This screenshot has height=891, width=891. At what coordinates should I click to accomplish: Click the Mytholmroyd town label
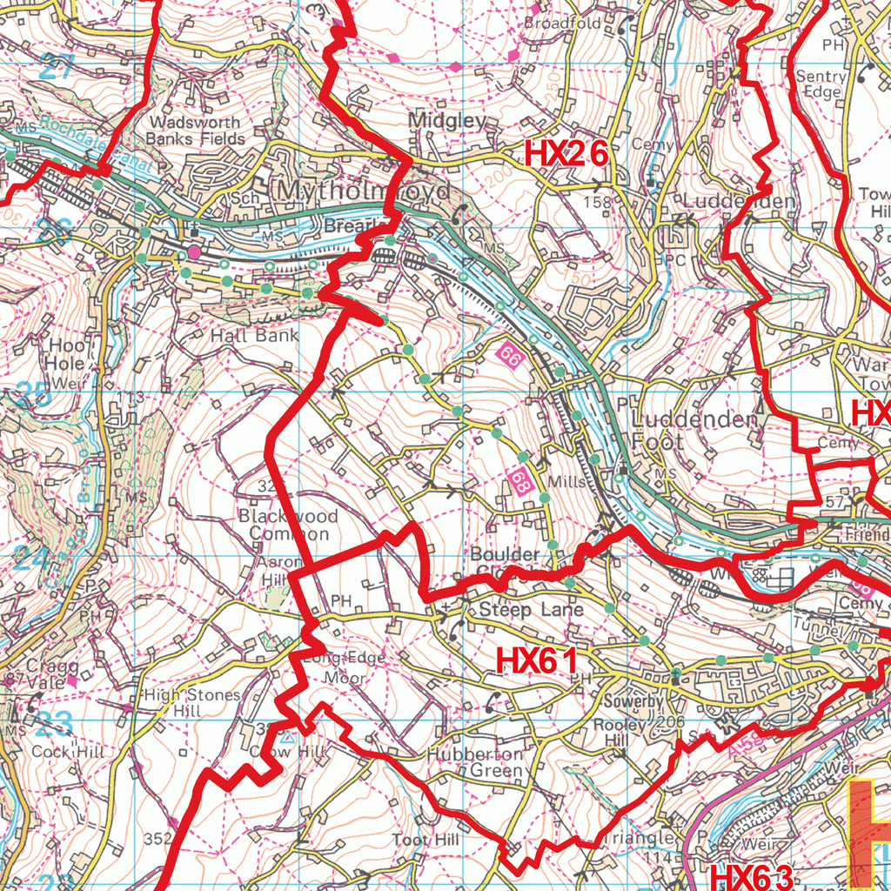(364, 191)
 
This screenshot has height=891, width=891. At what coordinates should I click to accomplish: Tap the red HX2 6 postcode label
(566, 155)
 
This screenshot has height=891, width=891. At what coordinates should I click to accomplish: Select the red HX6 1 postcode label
(537, 660)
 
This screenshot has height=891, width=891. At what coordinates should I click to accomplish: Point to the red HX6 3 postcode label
(752, 876)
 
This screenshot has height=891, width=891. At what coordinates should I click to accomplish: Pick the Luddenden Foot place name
(694, 431)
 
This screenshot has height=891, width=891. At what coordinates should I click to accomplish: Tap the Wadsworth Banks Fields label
(195, 131)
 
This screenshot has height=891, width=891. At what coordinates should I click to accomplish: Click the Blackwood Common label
(288, 525)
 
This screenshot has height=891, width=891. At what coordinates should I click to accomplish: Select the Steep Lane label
(518, 610)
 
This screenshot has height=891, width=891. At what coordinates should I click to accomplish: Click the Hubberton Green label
(475, 762)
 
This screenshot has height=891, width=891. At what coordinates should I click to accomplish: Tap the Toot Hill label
(425, 840)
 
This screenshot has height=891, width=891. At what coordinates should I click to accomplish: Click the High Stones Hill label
(191, 703)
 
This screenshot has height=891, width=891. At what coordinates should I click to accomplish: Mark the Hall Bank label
(254, 335)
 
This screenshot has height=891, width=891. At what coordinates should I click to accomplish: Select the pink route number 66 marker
(510, 355)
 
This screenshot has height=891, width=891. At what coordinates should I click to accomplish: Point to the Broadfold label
(562, 23)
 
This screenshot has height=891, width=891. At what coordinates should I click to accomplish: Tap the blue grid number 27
(57, 67)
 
